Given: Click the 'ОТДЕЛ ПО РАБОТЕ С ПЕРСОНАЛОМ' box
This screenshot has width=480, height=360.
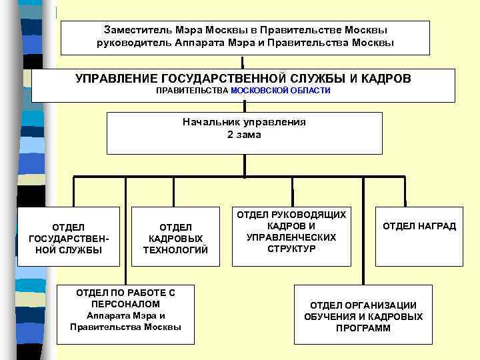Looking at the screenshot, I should tap(125, 309).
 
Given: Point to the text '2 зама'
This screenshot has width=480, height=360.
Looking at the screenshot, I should tap(244, 135).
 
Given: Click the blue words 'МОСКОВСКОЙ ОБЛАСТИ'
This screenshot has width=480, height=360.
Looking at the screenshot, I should tap(280, 90).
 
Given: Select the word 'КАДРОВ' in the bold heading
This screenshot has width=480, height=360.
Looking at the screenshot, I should tap(386, 79).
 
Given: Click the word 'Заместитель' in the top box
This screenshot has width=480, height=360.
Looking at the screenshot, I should tap(137, 30).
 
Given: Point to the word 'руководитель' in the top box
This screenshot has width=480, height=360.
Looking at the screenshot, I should tap(129, 42).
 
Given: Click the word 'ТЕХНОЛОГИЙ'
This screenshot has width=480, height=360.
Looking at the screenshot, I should tap(175, 250).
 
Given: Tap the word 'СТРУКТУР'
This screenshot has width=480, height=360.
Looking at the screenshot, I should tap(291, 249).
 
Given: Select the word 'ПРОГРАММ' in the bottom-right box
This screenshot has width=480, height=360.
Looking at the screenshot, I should tap(363, 328).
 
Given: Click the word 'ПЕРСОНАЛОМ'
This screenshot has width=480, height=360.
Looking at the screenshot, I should tap(125, 303).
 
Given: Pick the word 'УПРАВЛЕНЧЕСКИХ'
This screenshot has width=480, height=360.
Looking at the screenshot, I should tap(291, 237).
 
